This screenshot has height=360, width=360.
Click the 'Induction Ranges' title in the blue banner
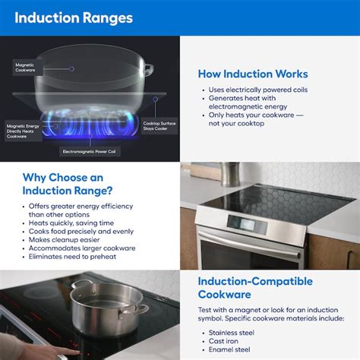tap(72, 17)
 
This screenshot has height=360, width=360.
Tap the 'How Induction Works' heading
tap(252, 74)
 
